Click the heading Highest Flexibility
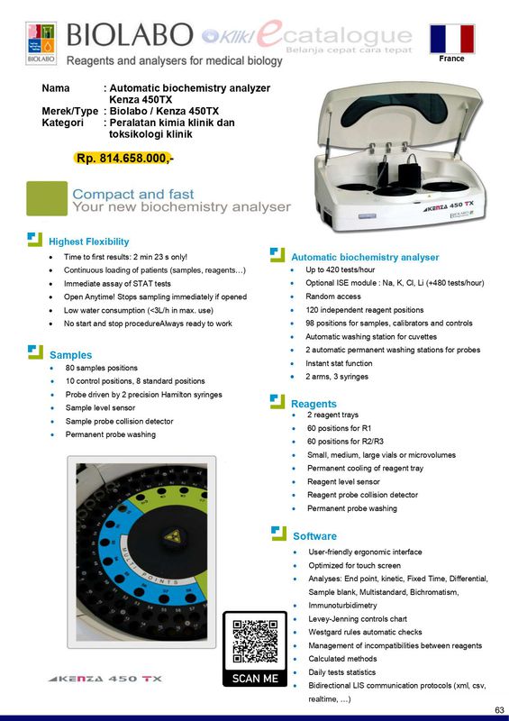click(88, 242)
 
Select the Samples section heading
click(70, 355)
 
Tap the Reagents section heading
click(314, 403)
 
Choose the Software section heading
click(314, 536)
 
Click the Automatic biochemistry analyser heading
click(365, 257)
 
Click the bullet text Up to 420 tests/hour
click(341, 270)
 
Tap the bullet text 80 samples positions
click(102, 368)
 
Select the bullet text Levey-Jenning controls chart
click(358, 619)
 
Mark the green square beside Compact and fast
click(47, 198)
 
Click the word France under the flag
click(452, 59)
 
